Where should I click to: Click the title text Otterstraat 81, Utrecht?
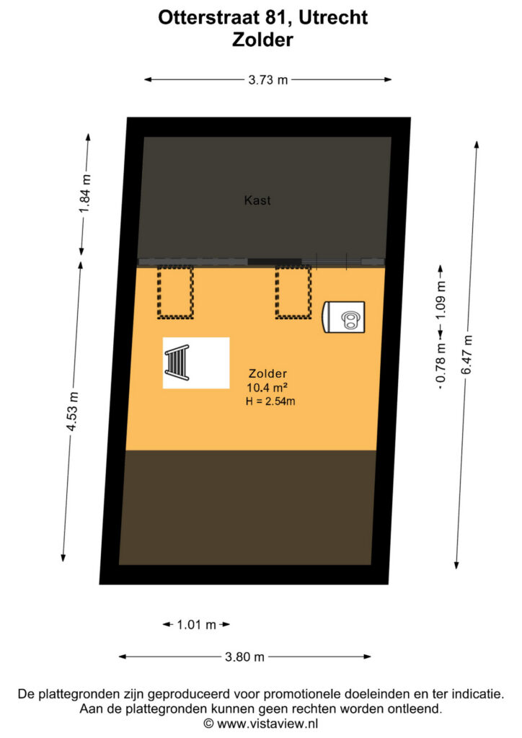click(262, 17)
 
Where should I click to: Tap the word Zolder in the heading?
click(262, 40)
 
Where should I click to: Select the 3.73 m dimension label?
click(267, 80)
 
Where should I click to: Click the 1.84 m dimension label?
click(85, 193)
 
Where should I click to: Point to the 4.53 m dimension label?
click(72, 412)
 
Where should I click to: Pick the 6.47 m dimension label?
click(466, 355)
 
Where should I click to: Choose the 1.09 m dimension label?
click(441, 300)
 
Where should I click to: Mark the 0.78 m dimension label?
click(441, 363)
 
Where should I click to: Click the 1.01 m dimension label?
click(196, 625)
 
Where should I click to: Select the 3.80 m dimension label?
click(244, 657)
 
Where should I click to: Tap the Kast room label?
click(257, 200)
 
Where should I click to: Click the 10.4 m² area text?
click(267, 388)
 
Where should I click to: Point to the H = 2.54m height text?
click(270, 401)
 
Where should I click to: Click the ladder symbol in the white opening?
click(177, 363)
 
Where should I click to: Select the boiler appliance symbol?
click(344, 317)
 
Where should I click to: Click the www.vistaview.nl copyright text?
click(261, 724)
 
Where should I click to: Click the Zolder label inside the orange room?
click(267, 374)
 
